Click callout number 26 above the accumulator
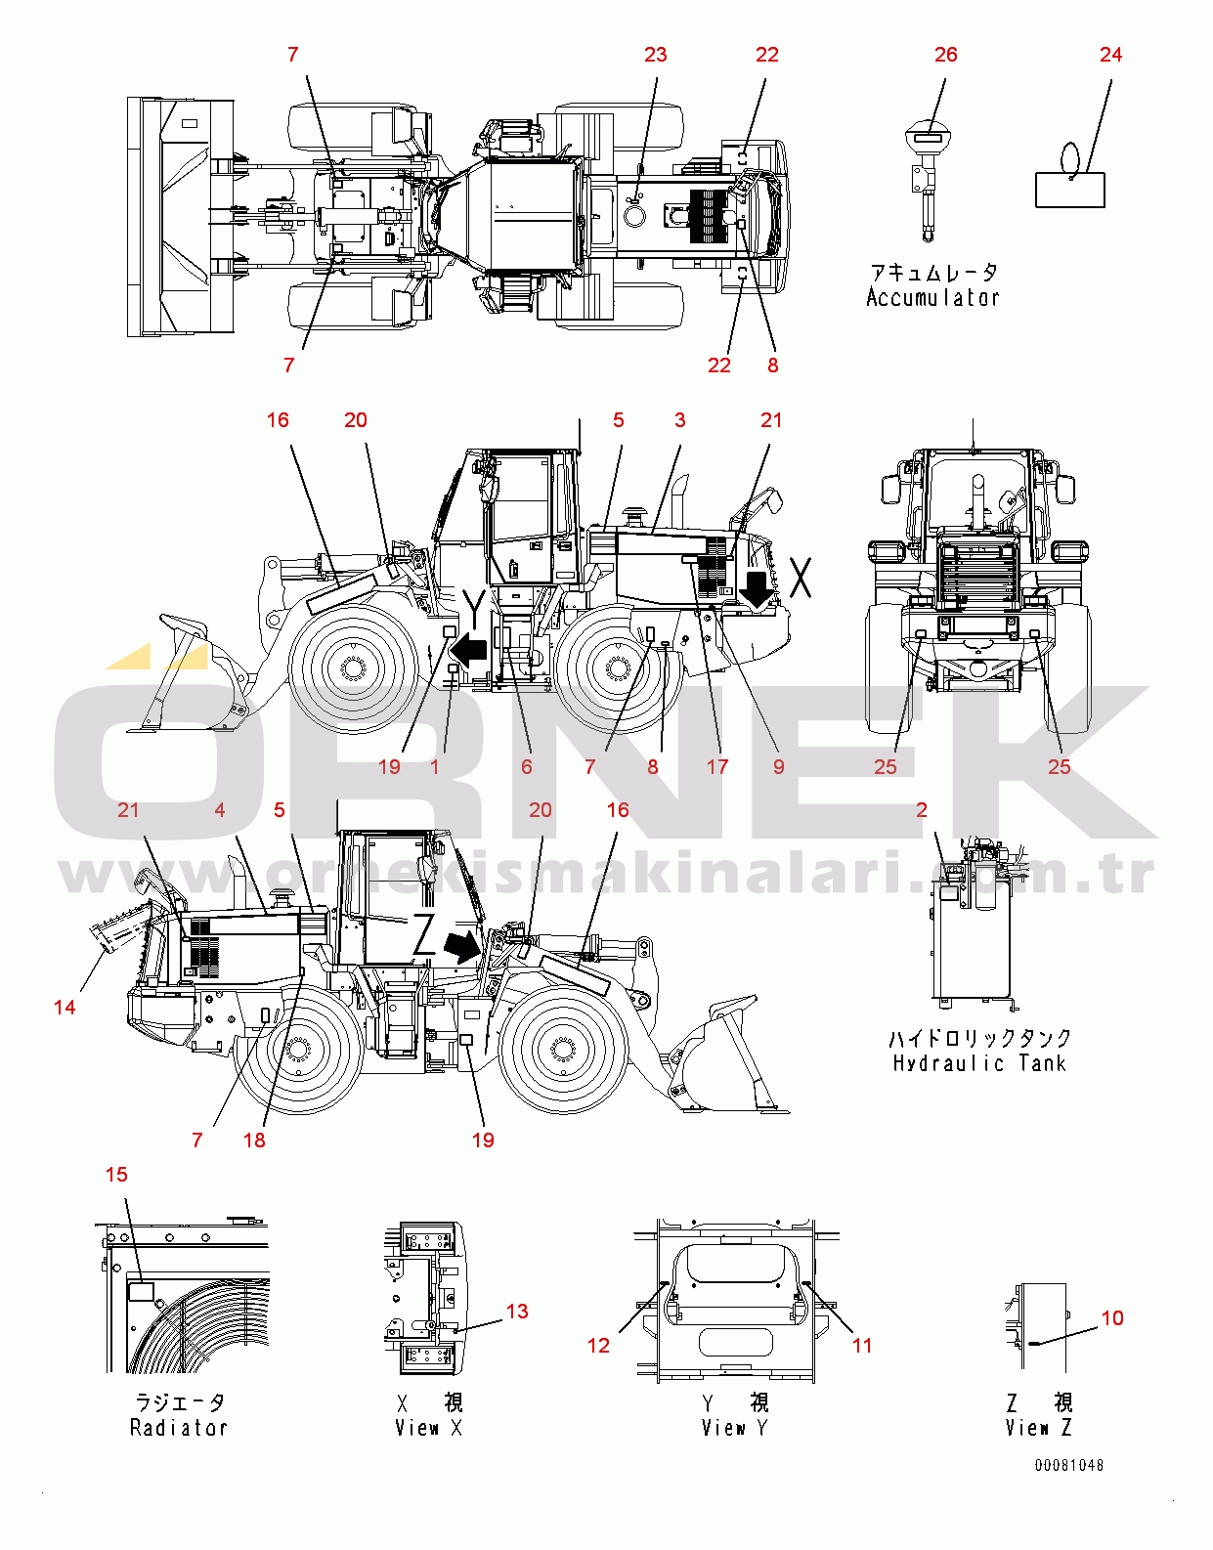(945, 55)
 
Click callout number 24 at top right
(1110, 55)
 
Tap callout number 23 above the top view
(655, 55)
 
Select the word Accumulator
(932, 298)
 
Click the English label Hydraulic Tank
(978, 1063)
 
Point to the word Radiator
(179, 1428)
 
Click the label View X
(428, 1428)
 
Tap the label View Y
(734, 1428)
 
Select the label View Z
(1038, 1428)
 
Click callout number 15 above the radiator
(116, 1175)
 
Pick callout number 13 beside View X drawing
(517, 1312)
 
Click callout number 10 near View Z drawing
(1112, 1318)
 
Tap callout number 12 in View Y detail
(598, 1346)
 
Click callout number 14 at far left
(65, 1008)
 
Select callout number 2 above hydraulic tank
(922, 810)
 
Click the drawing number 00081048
(1069, 1465)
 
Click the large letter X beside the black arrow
(801, 578)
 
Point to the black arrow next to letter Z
(461, 945)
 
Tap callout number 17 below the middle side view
(717, 767)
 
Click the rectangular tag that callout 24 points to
(1070, 190)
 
